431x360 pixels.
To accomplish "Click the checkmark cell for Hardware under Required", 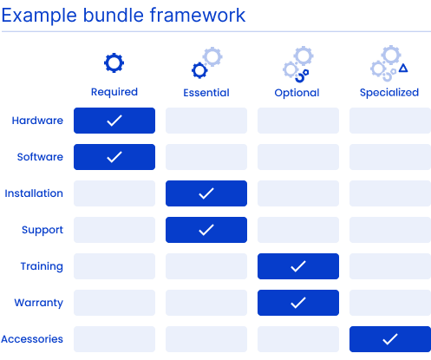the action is (x=114, y=121).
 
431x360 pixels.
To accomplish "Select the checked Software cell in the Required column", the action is (x=114, y=157).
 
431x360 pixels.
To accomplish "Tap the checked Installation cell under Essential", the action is (x=206, y=193).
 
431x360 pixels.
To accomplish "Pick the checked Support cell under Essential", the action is (x=206, y=230).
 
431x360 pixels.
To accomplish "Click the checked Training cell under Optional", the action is (x=298, y=266).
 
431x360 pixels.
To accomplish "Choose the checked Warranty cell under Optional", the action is (x=298, y=303).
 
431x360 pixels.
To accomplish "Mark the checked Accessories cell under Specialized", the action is (x=390, y=339).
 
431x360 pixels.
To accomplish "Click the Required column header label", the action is (x=114, y=92).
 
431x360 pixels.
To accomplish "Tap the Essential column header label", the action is (x=206, y=93).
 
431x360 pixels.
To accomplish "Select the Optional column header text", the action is (x=297, y=93).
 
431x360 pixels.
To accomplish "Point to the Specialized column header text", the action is (x=389, y=93).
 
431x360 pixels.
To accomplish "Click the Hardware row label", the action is (x=37, y=121).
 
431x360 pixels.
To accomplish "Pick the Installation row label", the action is (x=34, y=193).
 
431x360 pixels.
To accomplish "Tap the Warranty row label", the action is (x=39, y=303).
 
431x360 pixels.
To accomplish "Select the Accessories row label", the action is (x=32, y=339).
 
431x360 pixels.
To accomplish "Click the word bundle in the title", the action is (x=114, y=15).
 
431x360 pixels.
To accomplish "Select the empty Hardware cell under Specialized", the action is (x=390, y=121).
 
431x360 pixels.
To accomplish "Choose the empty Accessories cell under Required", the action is (x=114, y=339).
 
